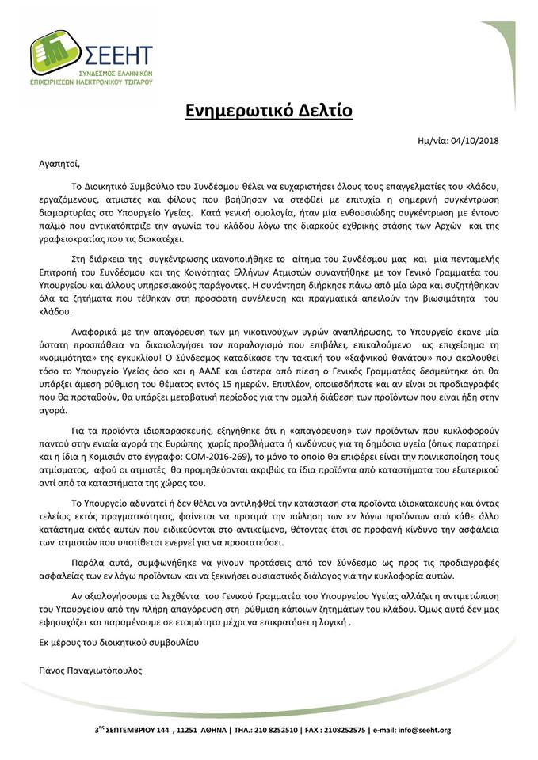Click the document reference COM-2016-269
(259, 458)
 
